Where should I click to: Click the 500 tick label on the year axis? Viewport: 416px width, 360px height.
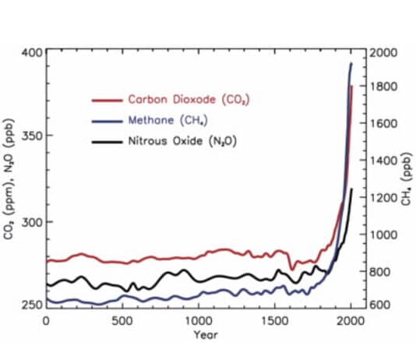pos(122,321)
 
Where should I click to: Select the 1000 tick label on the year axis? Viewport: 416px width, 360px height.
pos(199,321)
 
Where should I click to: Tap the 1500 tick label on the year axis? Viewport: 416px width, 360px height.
pos(275,321)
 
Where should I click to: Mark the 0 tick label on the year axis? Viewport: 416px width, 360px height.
pos(47,321)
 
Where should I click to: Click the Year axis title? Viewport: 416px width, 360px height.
pos(199,336)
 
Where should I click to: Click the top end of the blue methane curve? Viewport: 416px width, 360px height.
pos(351,64)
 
